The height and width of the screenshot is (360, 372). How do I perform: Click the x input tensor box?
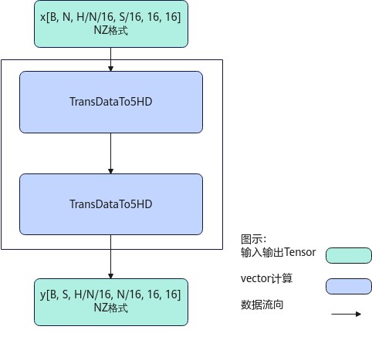click(111, 24)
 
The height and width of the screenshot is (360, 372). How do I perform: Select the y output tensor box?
click(111, 302)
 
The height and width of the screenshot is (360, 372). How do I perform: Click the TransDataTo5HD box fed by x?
click(111, 102)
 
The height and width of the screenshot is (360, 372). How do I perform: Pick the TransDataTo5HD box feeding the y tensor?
click(111, 204)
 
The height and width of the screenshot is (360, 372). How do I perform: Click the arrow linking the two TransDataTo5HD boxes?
click(111, 153)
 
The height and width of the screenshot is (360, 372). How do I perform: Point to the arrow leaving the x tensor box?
click(111, 59)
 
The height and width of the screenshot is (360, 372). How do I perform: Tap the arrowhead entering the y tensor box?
click(111, 276)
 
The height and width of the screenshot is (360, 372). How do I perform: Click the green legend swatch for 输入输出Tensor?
click(349, 255)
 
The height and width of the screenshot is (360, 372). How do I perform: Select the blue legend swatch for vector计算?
click(349, 286)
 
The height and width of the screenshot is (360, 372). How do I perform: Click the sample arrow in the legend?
click(347, 314)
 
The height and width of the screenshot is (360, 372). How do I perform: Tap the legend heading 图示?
click(253, 239)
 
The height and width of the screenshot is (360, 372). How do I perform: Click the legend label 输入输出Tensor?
click(278, 252)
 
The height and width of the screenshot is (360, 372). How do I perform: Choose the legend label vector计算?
click(266, 278)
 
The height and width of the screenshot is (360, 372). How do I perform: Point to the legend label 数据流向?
click(262, 305)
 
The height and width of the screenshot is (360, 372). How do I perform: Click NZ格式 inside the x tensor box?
click(111, 30)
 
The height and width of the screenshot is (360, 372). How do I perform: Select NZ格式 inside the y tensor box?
click(111, 308)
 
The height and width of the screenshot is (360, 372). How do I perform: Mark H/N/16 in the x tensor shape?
click(96, 17)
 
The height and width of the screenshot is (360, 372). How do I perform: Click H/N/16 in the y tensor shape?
click(93, 294)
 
